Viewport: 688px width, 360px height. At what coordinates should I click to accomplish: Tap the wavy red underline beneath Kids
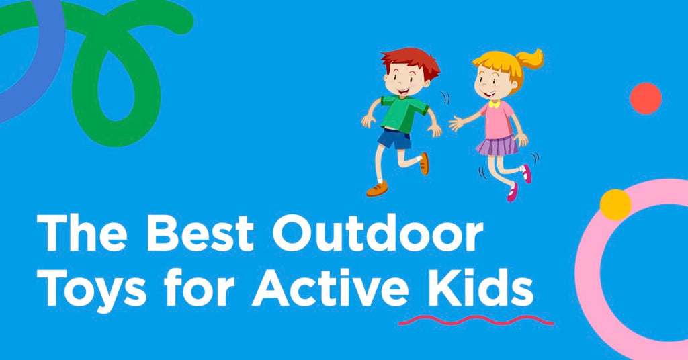tap(476, 320)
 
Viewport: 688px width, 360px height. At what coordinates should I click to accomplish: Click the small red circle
tap(646, 99)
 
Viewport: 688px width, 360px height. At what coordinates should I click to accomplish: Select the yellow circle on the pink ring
tap(615, 204)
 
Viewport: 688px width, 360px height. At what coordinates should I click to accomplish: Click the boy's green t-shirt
tap(402, 113)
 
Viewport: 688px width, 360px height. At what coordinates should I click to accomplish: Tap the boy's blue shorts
tap(394, 139)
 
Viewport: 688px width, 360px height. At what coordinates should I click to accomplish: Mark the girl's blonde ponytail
tap(531, 58)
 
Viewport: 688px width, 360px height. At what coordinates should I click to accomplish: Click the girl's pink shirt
tap(499, 119)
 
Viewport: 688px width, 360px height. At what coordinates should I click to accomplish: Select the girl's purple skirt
tap(497, 144)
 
